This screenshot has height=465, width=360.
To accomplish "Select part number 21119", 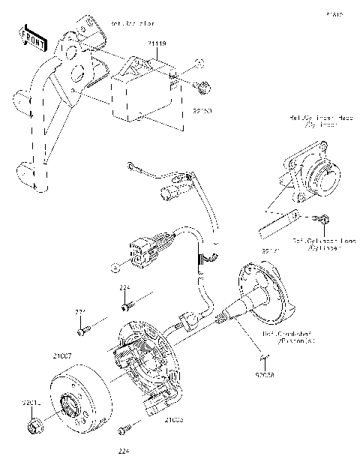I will (157, 45).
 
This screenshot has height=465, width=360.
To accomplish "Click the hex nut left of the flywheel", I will (33, 428).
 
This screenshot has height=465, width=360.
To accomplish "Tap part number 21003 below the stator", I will (174, 420).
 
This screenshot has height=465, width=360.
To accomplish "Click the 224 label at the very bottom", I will (124, 451).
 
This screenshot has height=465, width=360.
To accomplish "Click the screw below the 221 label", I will (82, 328).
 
